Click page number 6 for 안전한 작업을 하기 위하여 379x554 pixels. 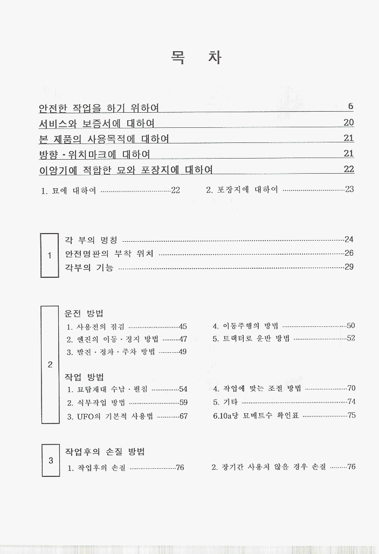click(350, 106)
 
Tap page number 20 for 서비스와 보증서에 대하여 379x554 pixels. click(348, 122)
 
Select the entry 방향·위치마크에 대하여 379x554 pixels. click(94, 154)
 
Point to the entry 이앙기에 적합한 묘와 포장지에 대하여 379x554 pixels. click(126, 170)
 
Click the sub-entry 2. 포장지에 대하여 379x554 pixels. click(242, 190)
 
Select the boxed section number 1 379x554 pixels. click(50, 255)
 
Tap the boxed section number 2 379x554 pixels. click(50, 365)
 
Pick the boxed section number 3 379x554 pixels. click(50, 460)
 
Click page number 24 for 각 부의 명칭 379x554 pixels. click(349, 240)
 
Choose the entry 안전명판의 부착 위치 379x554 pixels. click(109, 254)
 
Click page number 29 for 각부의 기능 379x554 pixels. click(349, 267)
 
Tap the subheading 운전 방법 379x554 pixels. click(84, 313)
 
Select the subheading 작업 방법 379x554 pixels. click(84, 375)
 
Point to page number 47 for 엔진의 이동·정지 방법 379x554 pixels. click(183, 339)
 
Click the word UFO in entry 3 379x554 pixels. click(84, 416)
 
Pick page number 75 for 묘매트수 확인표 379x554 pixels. click(352, 416)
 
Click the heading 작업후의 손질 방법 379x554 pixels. click(105, 452)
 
